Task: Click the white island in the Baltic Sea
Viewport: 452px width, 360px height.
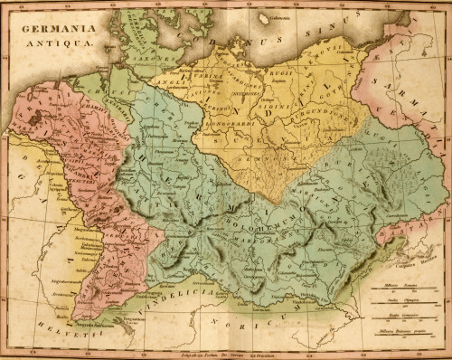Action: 263,18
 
